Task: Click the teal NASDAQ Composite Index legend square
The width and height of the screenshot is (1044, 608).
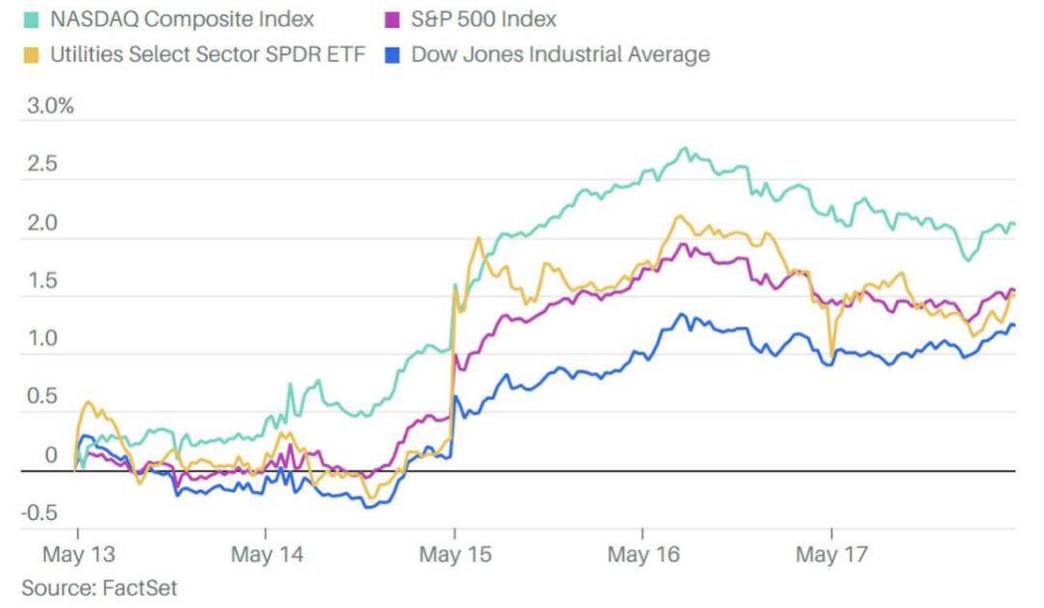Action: [33, 18]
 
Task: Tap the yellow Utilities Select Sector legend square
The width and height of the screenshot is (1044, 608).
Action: [33, 54]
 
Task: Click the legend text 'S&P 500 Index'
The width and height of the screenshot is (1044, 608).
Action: [484, 18]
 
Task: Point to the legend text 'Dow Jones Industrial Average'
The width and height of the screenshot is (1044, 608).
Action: [561, 54]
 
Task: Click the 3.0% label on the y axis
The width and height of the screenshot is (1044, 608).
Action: [48, 105]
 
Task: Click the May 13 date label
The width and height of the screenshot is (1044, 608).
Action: [76, 556]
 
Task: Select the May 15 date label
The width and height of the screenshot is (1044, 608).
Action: [454, 556]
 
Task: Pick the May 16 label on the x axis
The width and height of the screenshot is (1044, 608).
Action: [643, 556]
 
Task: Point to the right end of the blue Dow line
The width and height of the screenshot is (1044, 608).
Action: [1014, 325]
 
